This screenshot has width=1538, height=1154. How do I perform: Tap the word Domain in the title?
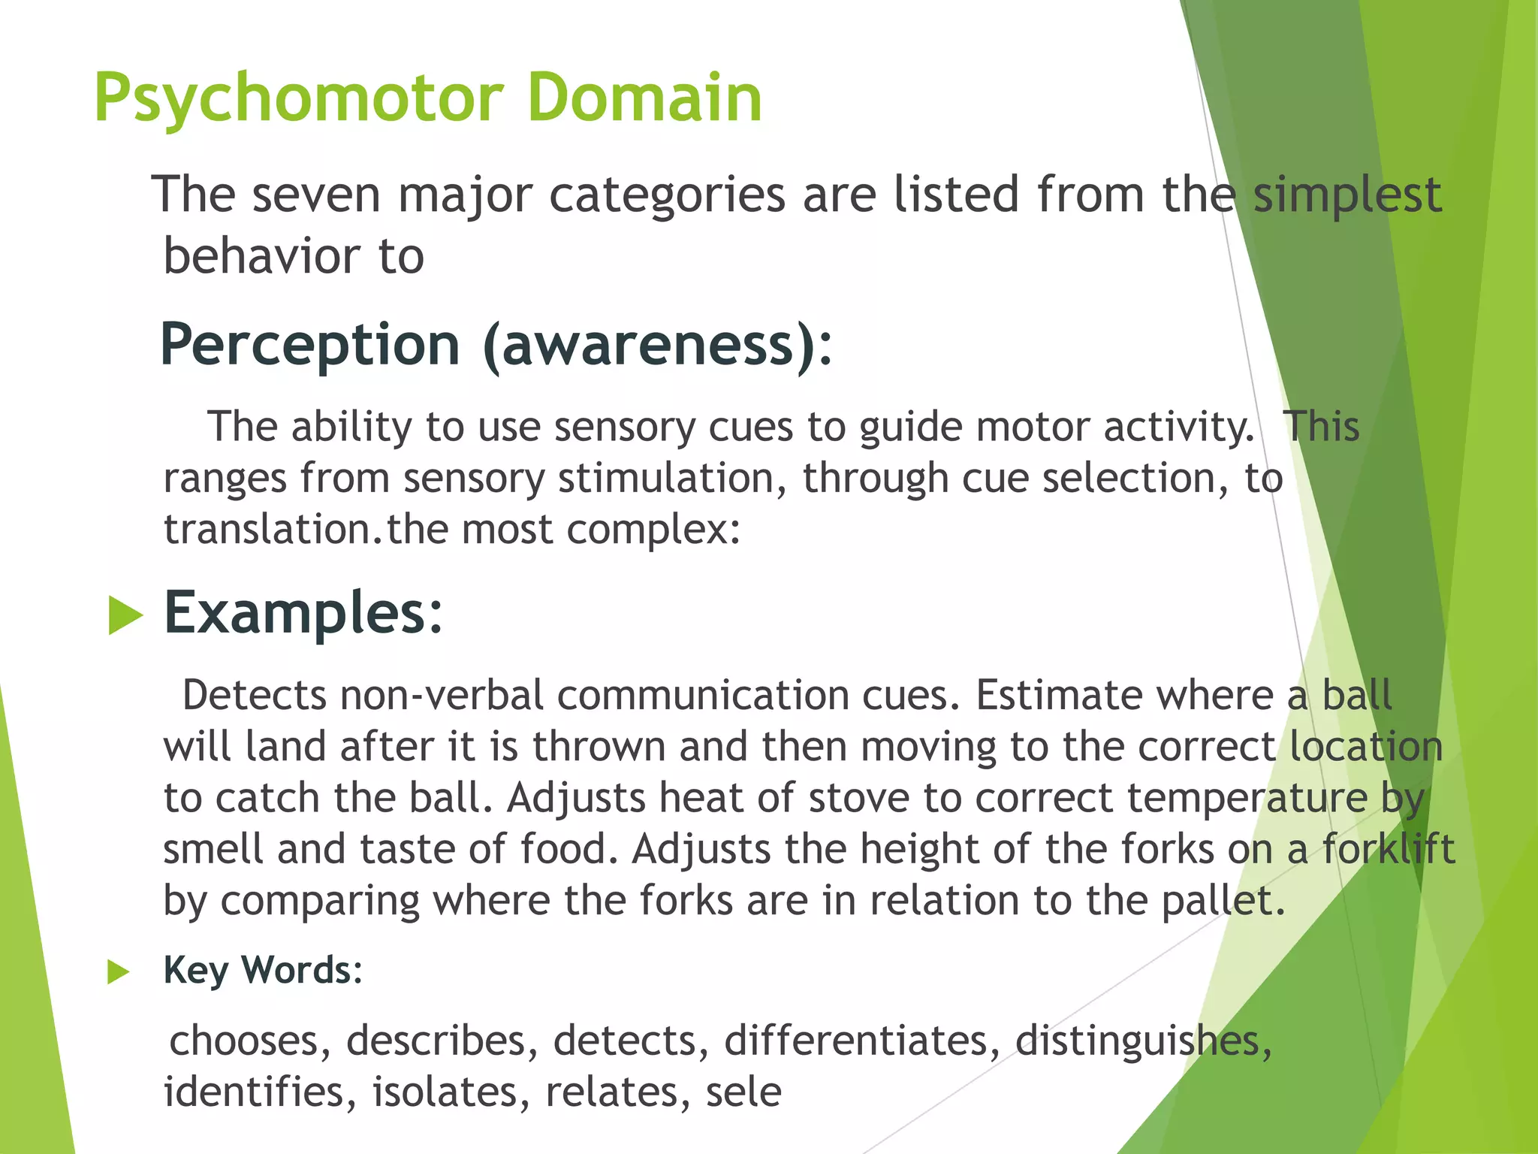click(x=644, y=98)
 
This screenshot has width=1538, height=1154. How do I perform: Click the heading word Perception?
click(x=310, y=345)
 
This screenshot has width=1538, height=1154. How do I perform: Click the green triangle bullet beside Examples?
click(x=125, y=615)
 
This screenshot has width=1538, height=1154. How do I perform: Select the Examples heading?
click(x=303, y=613)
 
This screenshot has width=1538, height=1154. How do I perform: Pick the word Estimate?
click(x=1059, y=695)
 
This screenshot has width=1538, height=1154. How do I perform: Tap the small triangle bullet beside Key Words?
click(x=118, y=972)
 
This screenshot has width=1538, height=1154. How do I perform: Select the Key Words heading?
click(x=263, y=970)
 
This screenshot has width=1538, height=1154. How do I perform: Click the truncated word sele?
click(x=743, y=1092)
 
